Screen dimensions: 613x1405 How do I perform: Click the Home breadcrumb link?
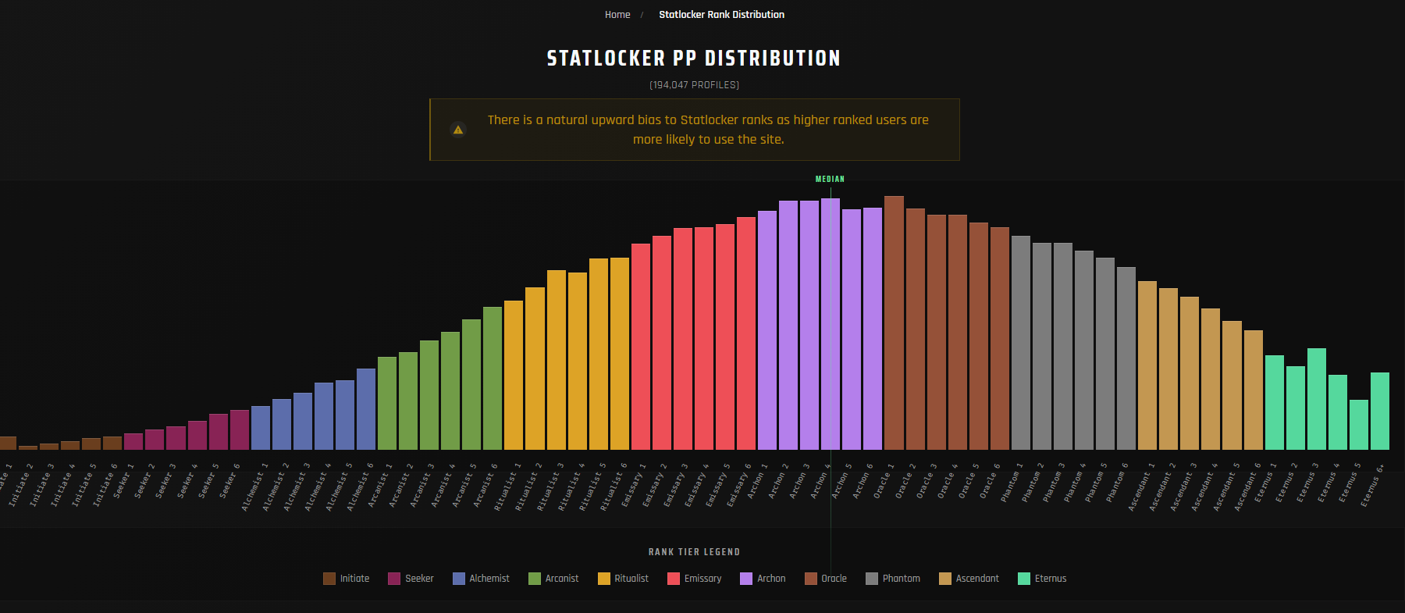tap(617, 15)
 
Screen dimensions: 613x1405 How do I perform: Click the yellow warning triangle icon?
tap(458, 130)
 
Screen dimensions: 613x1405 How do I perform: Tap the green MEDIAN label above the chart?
tap(830, 179)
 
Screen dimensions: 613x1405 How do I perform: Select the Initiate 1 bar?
tap(8, 443)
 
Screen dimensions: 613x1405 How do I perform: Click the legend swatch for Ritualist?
tap(603, 579)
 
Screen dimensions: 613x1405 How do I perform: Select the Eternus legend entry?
tap(1042, 579)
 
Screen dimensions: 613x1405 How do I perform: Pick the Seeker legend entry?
tap(411, 579)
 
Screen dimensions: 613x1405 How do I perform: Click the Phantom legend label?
tap(901, 579)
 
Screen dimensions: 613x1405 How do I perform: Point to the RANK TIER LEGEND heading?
tap(694, 552)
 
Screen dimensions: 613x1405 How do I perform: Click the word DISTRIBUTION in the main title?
tap(772, 59)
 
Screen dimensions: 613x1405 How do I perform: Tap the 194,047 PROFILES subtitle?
tap(694, 85)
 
